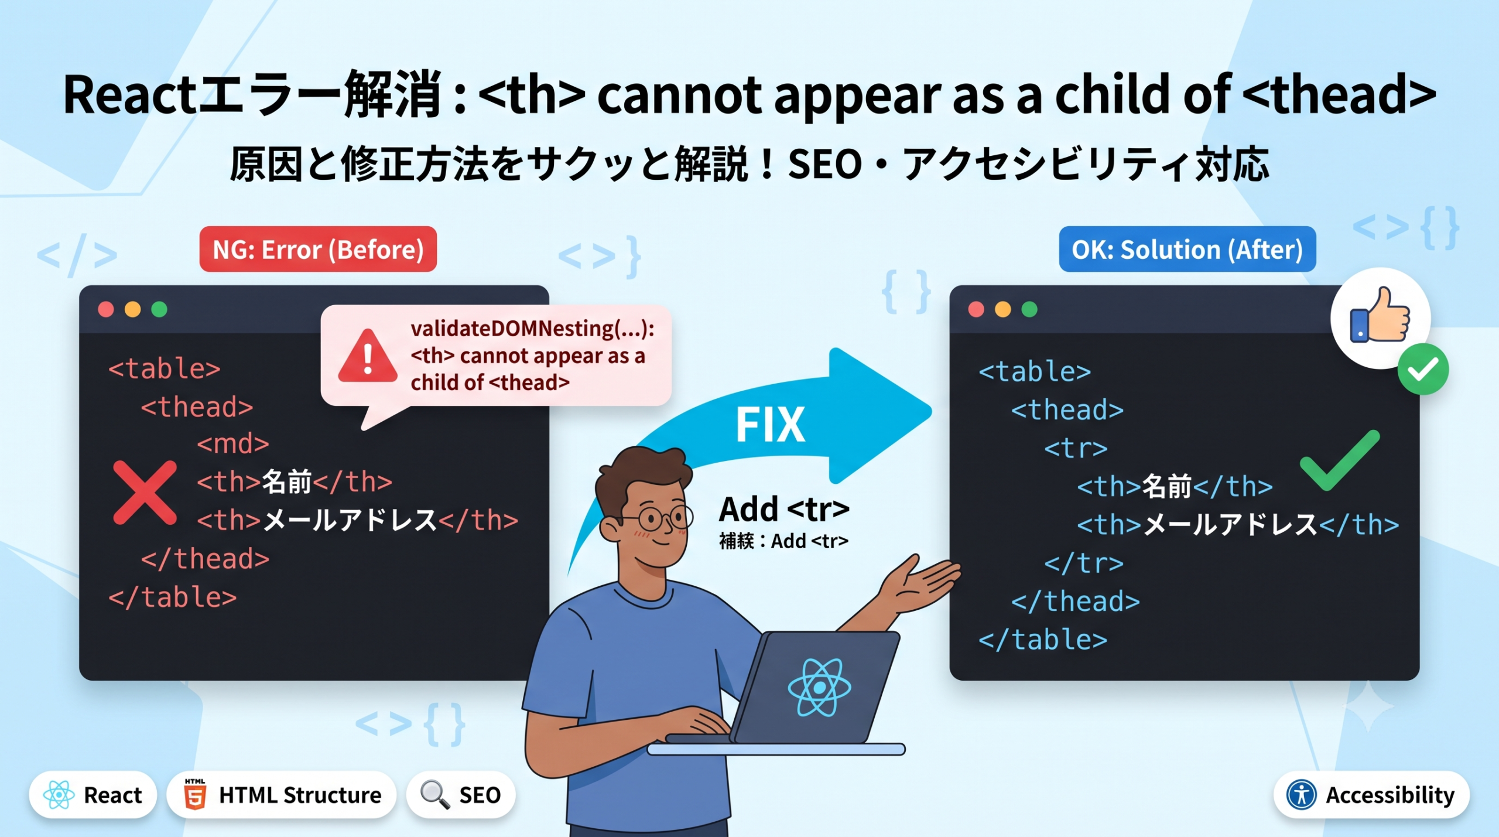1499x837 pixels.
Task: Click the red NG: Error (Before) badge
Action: (318, 249)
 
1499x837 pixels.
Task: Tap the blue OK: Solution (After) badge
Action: (1187, 249)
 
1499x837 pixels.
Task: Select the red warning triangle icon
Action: (368, 356)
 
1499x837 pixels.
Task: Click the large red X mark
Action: (145, 492)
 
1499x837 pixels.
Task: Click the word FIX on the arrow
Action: (770, 425)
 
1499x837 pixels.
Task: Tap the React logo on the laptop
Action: (819, 687)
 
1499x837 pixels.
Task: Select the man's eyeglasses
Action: (656, 517)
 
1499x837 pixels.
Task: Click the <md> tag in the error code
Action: (233, 444)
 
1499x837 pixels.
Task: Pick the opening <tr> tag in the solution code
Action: (1076, 449)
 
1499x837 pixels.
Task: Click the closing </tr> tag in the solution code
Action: (1084, 563)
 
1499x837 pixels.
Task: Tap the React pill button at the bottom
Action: (93, 795)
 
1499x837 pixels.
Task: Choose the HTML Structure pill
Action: (282, 795)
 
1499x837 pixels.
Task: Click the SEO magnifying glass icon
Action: (435, 795)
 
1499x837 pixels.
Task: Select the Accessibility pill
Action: (1371, 795)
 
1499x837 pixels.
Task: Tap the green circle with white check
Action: (1423, 370)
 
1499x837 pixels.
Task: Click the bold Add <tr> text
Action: (784, 509)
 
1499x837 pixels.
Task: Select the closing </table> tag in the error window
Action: (173, 597)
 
